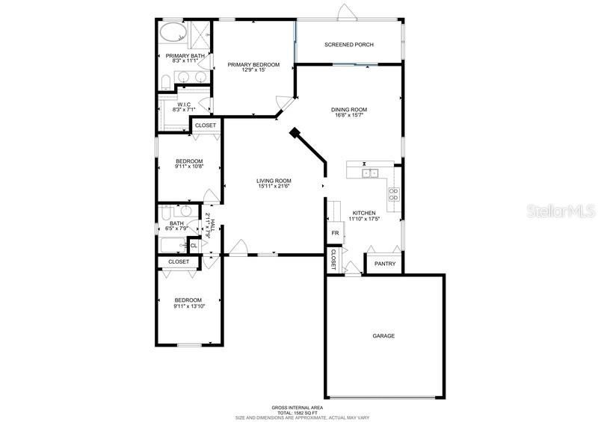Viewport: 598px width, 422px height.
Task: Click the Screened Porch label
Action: coord(348,45)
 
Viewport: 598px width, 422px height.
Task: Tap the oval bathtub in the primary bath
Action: coord(173,34)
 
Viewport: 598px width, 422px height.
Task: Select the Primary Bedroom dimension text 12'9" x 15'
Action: coord(253,71)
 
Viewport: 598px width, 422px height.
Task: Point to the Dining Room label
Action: coord(350,110)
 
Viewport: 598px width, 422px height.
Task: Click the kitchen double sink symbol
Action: coord(369,174)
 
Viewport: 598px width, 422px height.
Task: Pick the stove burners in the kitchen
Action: coord(393,194)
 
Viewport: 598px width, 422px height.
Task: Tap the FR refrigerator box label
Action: coord(336,232)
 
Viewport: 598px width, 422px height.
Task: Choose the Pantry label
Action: coord(385,264)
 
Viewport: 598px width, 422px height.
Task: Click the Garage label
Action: coord(383,336)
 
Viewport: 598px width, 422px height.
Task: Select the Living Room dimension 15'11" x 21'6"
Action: coord(274,186)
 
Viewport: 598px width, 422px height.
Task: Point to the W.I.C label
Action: coord(184,105)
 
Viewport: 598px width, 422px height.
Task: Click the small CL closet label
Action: coord(194,245)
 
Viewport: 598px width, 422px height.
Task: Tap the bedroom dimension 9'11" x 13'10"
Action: coord(189,305)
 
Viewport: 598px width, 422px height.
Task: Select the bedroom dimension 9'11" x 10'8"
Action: coord(188,167)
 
